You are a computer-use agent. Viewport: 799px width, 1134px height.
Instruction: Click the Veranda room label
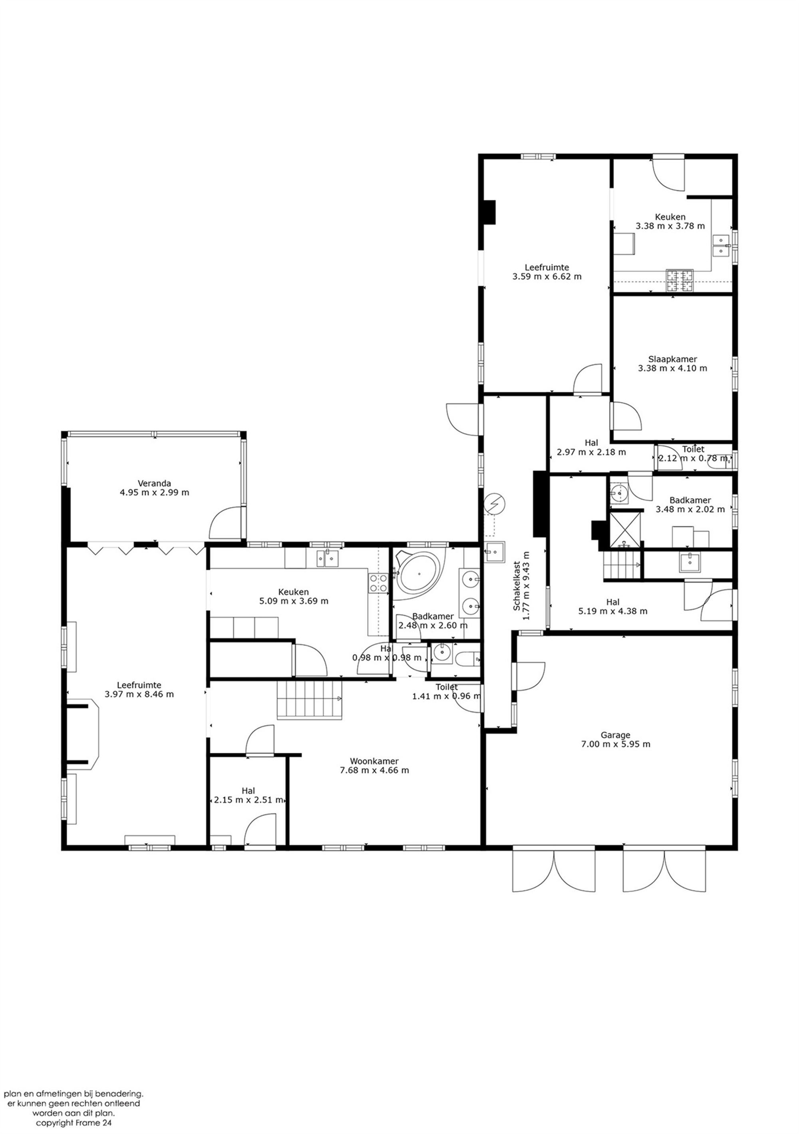(155, 483)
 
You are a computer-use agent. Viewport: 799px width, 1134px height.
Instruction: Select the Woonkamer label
(374, 761)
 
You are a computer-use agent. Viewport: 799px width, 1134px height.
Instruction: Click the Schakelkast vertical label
(517, 586)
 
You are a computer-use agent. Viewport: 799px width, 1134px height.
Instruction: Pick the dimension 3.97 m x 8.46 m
(139, 694)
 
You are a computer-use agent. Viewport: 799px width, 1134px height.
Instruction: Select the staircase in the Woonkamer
(309, 700)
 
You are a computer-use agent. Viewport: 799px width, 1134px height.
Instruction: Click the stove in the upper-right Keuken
(680, 280)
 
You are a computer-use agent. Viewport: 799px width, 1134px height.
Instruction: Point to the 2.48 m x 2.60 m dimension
(433, 625)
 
